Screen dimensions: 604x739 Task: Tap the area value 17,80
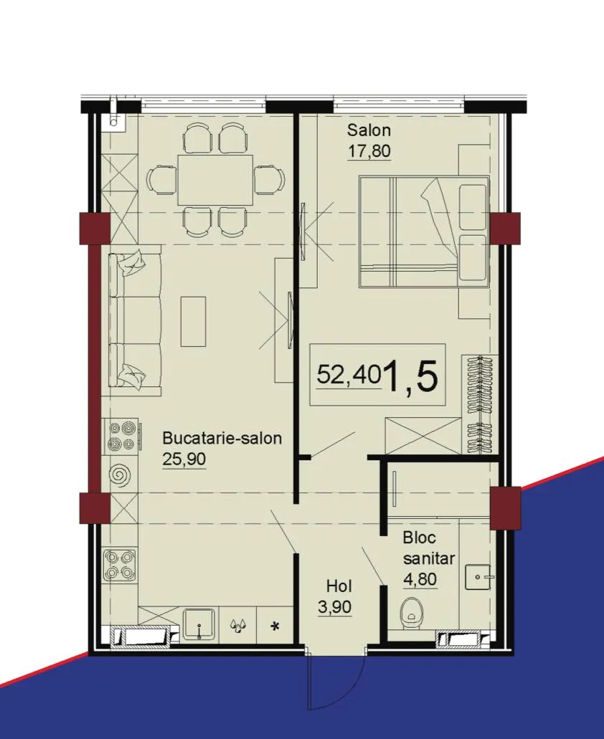click(x=369, y=151)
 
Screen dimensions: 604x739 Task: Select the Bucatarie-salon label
click(x=222, y=438)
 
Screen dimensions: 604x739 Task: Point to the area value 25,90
click(x=184, y=459)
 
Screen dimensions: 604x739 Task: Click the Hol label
click(x=339, y=586)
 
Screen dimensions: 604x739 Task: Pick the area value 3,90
click(x=335, y=607)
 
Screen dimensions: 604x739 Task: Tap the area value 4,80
click(x=420, y=578)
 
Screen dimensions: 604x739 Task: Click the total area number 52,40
click(x=349, y=375)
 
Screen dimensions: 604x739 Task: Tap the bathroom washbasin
click(x=478, y=576)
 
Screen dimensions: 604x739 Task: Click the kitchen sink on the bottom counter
click(x=199, y=624)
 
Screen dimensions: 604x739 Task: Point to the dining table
click(x=215, y=180)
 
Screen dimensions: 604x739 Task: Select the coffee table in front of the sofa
click(x=193, y=321)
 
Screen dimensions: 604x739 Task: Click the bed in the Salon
click(x=423, y=232)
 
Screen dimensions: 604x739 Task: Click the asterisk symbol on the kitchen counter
click(x=274, y=626)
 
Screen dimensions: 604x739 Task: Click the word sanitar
click(x=429, y=558)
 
